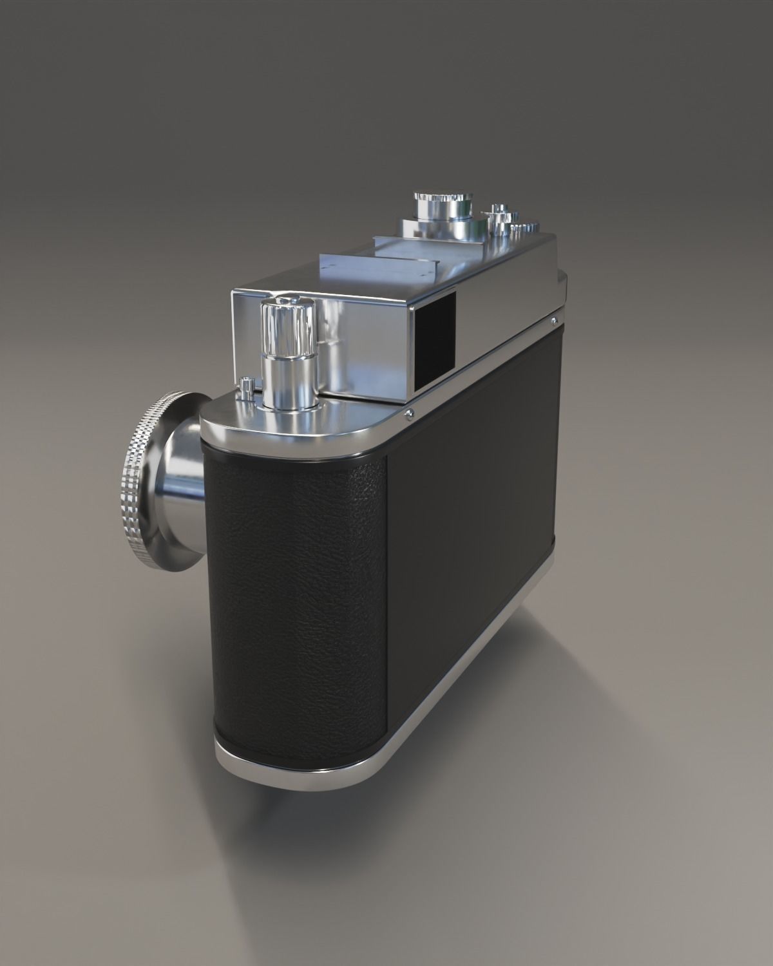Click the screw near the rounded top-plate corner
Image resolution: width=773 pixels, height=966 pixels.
408,414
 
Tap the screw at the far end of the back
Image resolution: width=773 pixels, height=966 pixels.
553,319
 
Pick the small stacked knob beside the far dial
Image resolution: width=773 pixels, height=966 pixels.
497,215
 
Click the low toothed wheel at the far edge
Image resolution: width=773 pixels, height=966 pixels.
525,229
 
